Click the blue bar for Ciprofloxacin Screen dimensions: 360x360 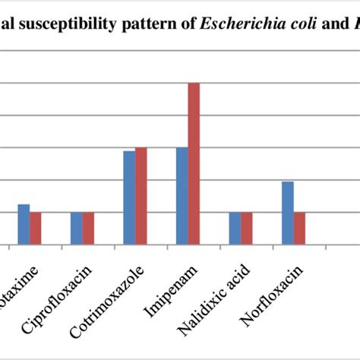[x=76, y=229]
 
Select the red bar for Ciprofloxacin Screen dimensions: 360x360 [x=88, y=229]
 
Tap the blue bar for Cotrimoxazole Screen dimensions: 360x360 [x=129, y=197]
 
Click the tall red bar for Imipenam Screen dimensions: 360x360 [x=194, y=163]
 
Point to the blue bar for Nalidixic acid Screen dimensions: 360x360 [x=235, y=229]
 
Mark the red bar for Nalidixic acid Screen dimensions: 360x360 [x=246, y=229]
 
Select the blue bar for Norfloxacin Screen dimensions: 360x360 [x=287, y=213]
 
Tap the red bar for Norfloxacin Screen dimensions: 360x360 [x=299, y=229]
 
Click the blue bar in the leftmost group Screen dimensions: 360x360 [x=24, y=225]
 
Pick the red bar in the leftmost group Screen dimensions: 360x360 [x=36, y=229]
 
